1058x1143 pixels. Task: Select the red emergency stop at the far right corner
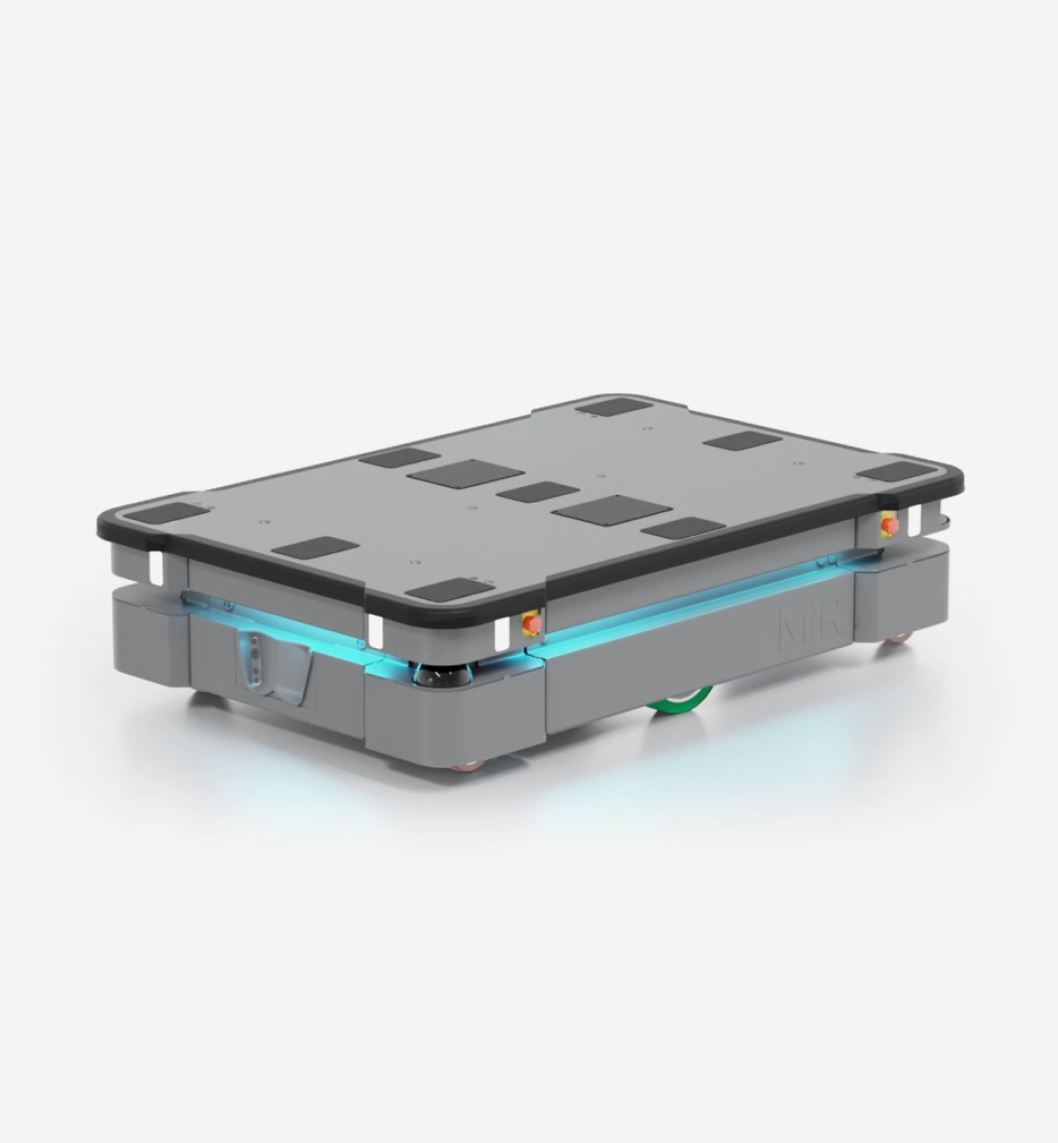pyautogui.click(x=889, y=525)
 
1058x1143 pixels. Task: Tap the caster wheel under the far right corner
pyautogui.click(x=899, y=639)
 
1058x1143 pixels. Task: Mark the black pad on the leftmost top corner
pyautogui.click(x=166, y=512)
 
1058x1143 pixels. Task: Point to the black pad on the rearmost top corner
pyautogui.click(x=614, y=407)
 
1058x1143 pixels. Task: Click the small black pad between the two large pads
pyautogui.click(x=539, y=492)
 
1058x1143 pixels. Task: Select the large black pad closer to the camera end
pyautogui.click(x=465, y=474)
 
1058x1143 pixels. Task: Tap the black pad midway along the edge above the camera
pyautogui.click(x=315, y=548)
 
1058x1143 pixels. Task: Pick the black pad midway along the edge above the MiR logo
pyautogui.click(x=682, y=527)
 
